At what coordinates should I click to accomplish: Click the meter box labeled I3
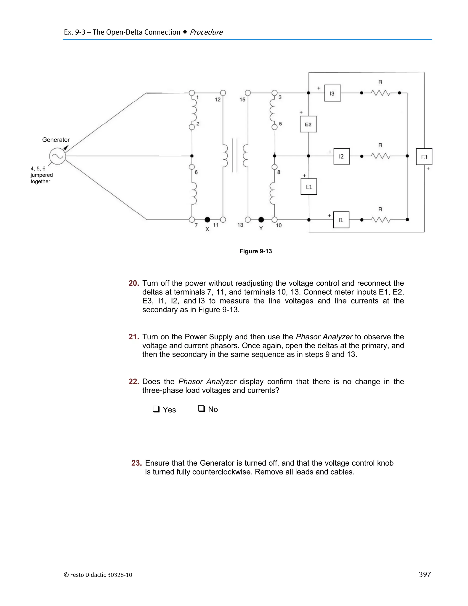tap(332, 93)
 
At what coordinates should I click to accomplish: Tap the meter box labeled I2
tap(342, 156)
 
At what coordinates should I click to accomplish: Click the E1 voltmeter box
tap(309, 187)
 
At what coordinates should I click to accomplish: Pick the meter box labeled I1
tap(341, 220)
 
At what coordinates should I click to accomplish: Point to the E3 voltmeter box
tap(424, 157)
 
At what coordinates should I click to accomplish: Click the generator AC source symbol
tap(57, 156)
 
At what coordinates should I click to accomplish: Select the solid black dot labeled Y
tap(261, 220)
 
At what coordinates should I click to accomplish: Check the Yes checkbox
tap(156, 409)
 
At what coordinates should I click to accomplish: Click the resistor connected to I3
tap(380, 93)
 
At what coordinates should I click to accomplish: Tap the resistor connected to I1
tap(380, 220)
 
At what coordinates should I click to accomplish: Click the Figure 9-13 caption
tap(256, 251)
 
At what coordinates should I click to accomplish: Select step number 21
tap(134, 337)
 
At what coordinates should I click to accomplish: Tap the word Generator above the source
tap(56, 139)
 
